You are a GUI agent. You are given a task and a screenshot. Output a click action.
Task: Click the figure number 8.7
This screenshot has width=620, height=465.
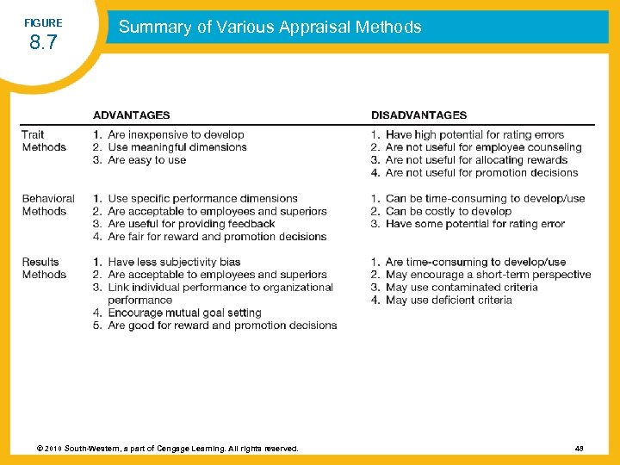click(43, 42)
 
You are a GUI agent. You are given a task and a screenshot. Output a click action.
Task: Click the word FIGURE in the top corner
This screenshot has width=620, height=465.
click(43, 22)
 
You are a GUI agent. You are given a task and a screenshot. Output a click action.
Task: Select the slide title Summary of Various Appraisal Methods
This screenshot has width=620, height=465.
click(270, 27)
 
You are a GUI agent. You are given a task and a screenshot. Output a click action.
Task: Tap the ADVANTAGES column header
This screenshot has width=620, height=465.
click(132, 115)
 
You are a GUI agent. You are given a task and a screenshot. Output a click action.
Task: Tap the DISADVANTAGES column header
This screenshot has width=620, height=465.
click(419, 115)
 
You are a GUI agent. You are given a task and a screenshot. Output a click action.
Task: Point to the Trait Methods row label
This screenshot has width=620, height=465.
click(44, 141)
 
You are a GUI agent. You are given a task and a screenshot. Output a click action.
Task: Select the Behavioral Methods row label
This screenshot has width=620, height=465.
click(48, 205)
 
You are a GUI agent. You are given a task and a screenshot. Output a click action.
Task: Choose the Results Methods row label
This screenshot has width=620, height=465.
click(44, 268)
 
